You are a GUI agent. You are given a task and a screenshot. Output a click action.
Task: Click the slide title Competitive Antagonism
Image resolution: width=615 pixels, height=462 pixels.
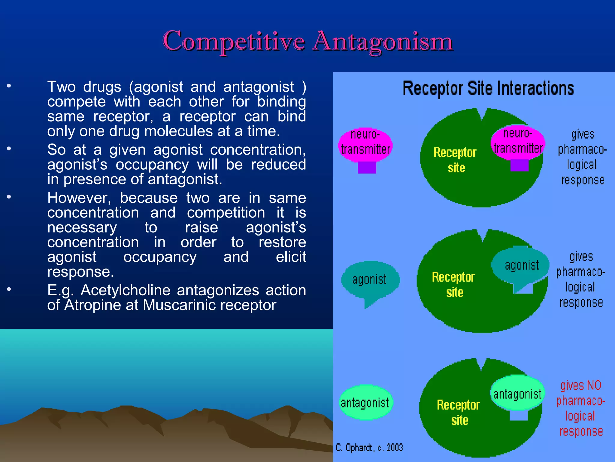point(307,42)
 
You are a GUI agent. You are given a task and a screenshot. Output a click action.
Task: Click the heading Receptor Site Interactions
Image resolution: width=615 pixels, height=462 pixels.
point(488,88)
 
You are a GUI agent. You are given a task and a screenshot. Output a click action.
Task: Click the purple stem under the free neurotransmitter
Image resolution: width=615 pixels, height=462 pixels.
point(367,168)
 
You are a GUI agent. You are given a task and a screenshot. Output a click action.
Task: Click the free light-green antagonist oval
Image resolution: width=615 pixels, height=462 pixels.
point(365,402)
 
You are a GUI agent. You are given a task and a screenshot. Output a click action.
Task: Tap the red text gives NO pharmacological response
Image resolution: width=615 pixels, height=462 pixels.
point(580,408)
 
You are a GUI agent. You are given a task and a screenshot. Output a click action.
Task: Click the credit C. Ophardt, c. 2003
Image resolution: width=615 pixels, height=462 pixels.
point(369,448)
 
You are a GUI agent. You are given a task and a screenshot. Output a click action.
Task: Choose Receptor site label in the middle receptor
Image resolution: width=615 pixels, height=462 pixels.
point(453,285)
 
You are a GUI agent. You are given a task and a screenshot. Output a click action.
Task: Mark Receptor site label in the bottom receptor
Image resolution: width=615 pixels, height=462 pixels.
point(458,412)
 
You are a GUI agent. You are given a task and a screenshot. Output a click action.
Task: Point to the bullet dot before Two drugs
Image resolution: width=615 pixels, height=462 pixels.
point(9,86)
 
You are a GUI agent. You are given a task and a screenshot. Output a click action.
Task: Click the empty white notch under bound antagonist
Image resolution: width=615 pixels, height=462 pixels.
point(519,415)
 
